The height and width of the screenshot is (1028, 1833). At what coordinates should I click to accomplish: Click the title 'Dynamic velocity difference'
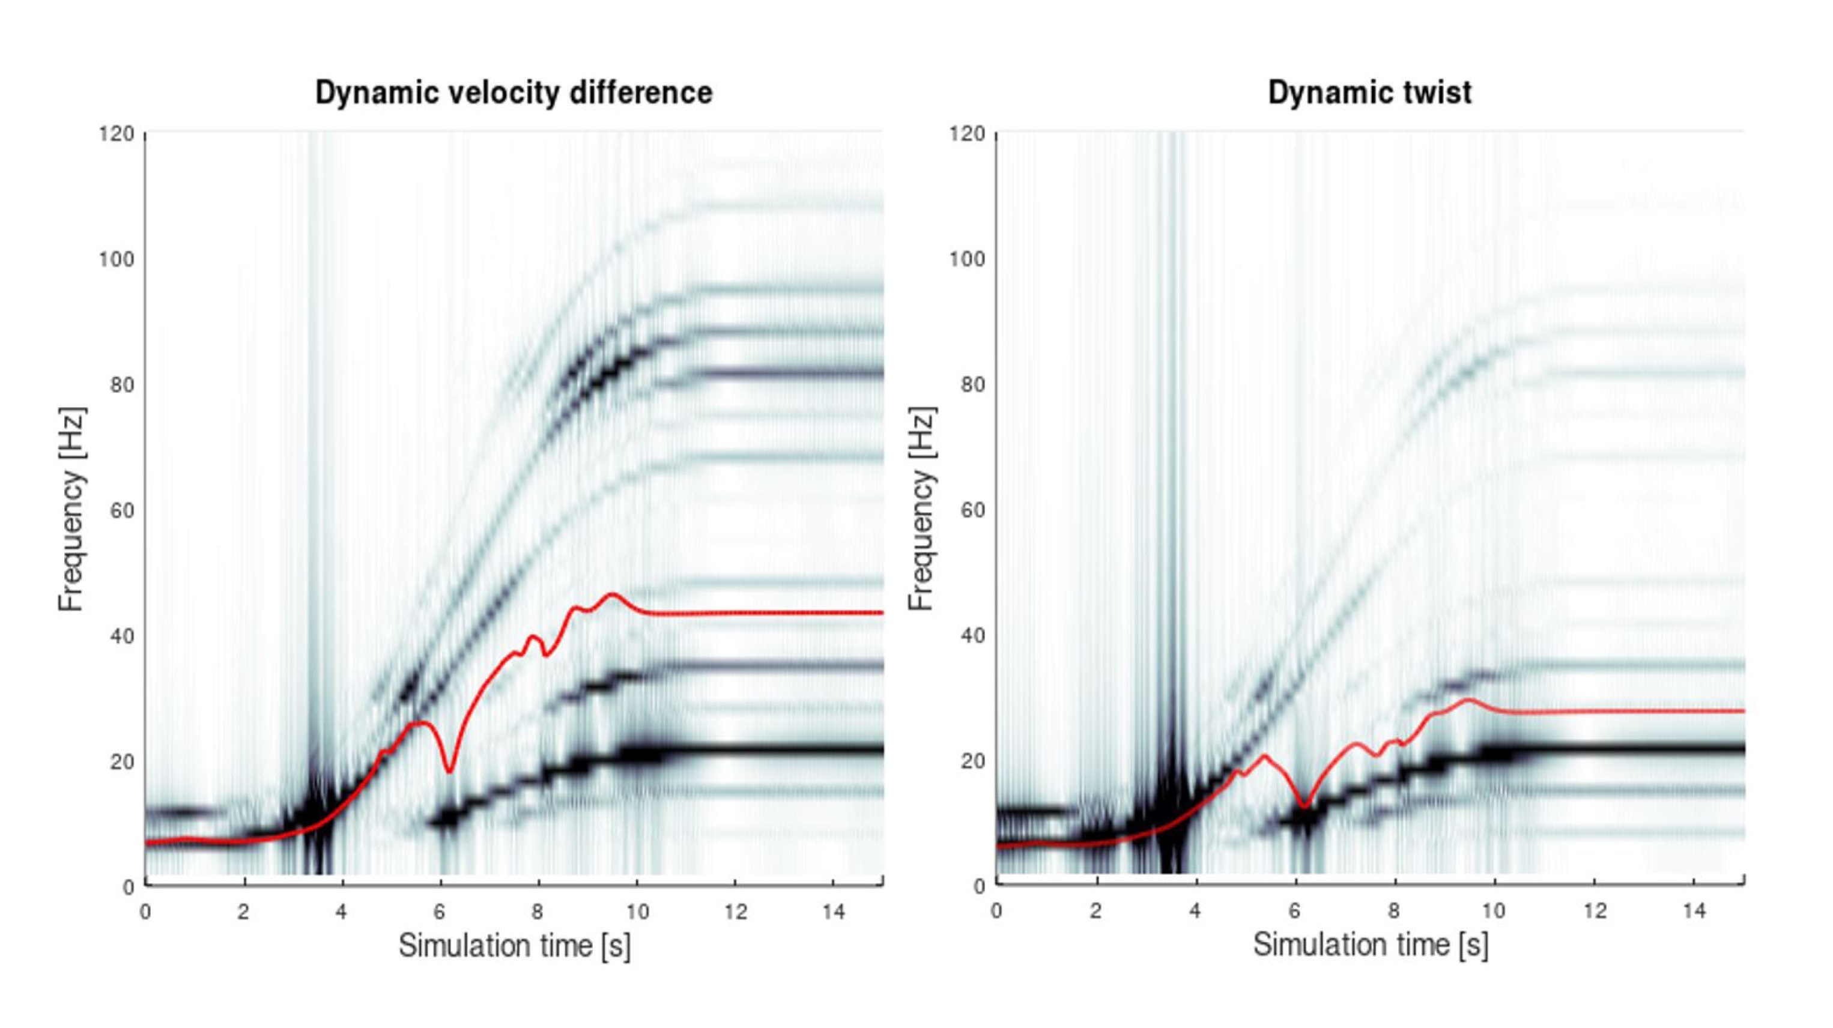coord(514,93)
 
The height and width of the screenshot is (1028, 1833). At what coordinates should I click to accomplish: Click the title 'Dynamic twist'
coord(1369,93)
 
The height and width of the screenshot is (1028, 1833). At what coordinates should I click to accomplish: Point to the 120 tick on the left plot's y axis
coord(117,134)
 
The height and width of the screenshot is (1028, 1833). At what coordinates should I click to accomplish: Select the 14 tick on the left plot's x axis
coord(833,912)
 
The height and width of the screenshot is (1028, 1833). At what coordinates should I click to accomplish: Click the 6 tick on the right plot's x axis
coord(1294,912)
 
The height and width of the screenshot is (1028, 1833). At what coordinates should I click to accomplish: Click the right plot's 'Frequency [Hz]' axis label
coord(921,509)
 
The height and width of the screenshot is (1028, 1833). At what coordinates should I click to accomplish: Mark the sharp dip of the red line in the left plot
coord(449,771)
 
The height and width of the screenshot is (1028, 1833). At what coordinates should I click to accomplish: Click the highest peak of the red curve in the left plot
coord(612,594)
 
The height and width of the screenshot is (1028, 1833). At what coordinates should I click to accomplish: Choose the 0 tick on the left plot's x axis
coord(145,912)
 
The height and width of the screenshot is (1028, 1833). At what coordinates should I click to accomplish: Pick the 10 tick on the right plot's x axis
coord(1493,912)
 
